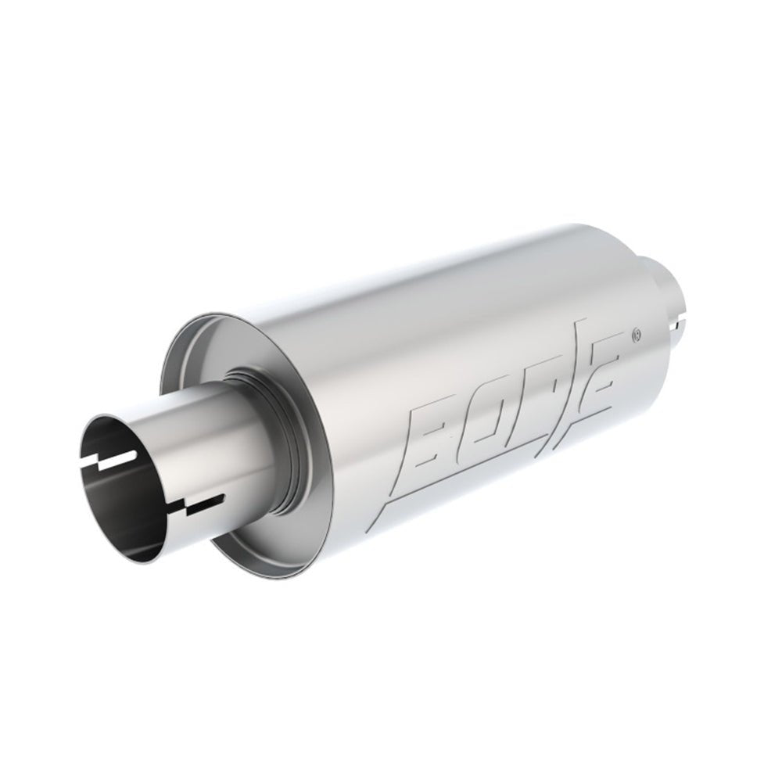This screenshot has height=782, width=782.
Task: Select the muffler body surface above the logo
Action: (x=438, y=313)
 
